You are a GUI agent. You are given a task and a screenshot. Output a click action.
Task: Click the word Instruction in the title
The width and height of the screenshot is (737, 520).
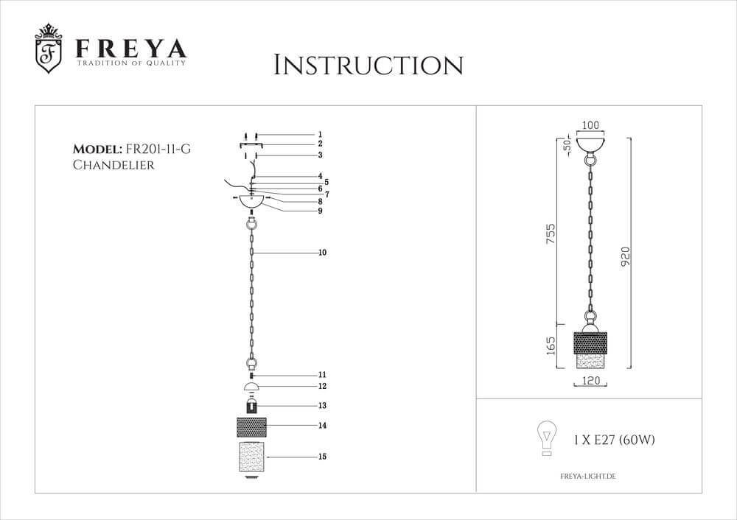tap(368, 65)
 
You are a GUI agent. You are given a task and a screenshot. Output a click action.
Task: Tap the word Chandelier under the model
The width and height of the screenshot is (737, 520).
tap(113, 165)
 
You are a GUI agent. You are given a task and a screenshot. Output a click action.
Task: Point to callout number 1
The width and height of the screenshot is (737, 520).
tap(321, 135)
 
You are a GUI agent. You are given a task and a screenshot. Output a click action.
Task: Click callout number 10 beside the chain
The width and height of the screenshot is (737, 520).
tap(322, 253)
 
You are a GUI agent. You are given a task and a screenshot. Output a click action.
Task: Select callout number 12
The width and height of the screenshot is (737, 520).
tap(322, 386)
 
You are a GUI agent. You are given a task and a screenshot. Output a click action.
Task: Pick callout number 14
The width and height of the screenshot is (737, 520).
tap(322, 425)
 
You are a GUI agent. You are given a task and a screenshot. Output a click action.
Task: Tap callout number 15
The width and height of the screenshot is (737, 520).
tap(322, 457)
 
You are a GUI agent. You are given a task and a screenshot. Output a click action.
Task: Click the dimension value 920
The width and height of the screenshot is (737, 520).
tap(626, 253)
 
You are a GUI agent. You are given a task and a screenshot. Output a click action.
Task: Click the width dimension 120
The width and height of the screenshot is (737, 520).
tap(590, 382)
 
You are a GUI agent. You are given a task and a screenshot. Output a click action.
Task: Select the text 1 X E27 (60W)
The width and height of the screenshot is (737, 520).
tap(614, 440)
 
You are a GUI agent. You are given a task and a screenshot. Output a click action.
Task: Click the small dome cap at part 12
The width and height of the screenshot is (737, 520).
tap(252, 387)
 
